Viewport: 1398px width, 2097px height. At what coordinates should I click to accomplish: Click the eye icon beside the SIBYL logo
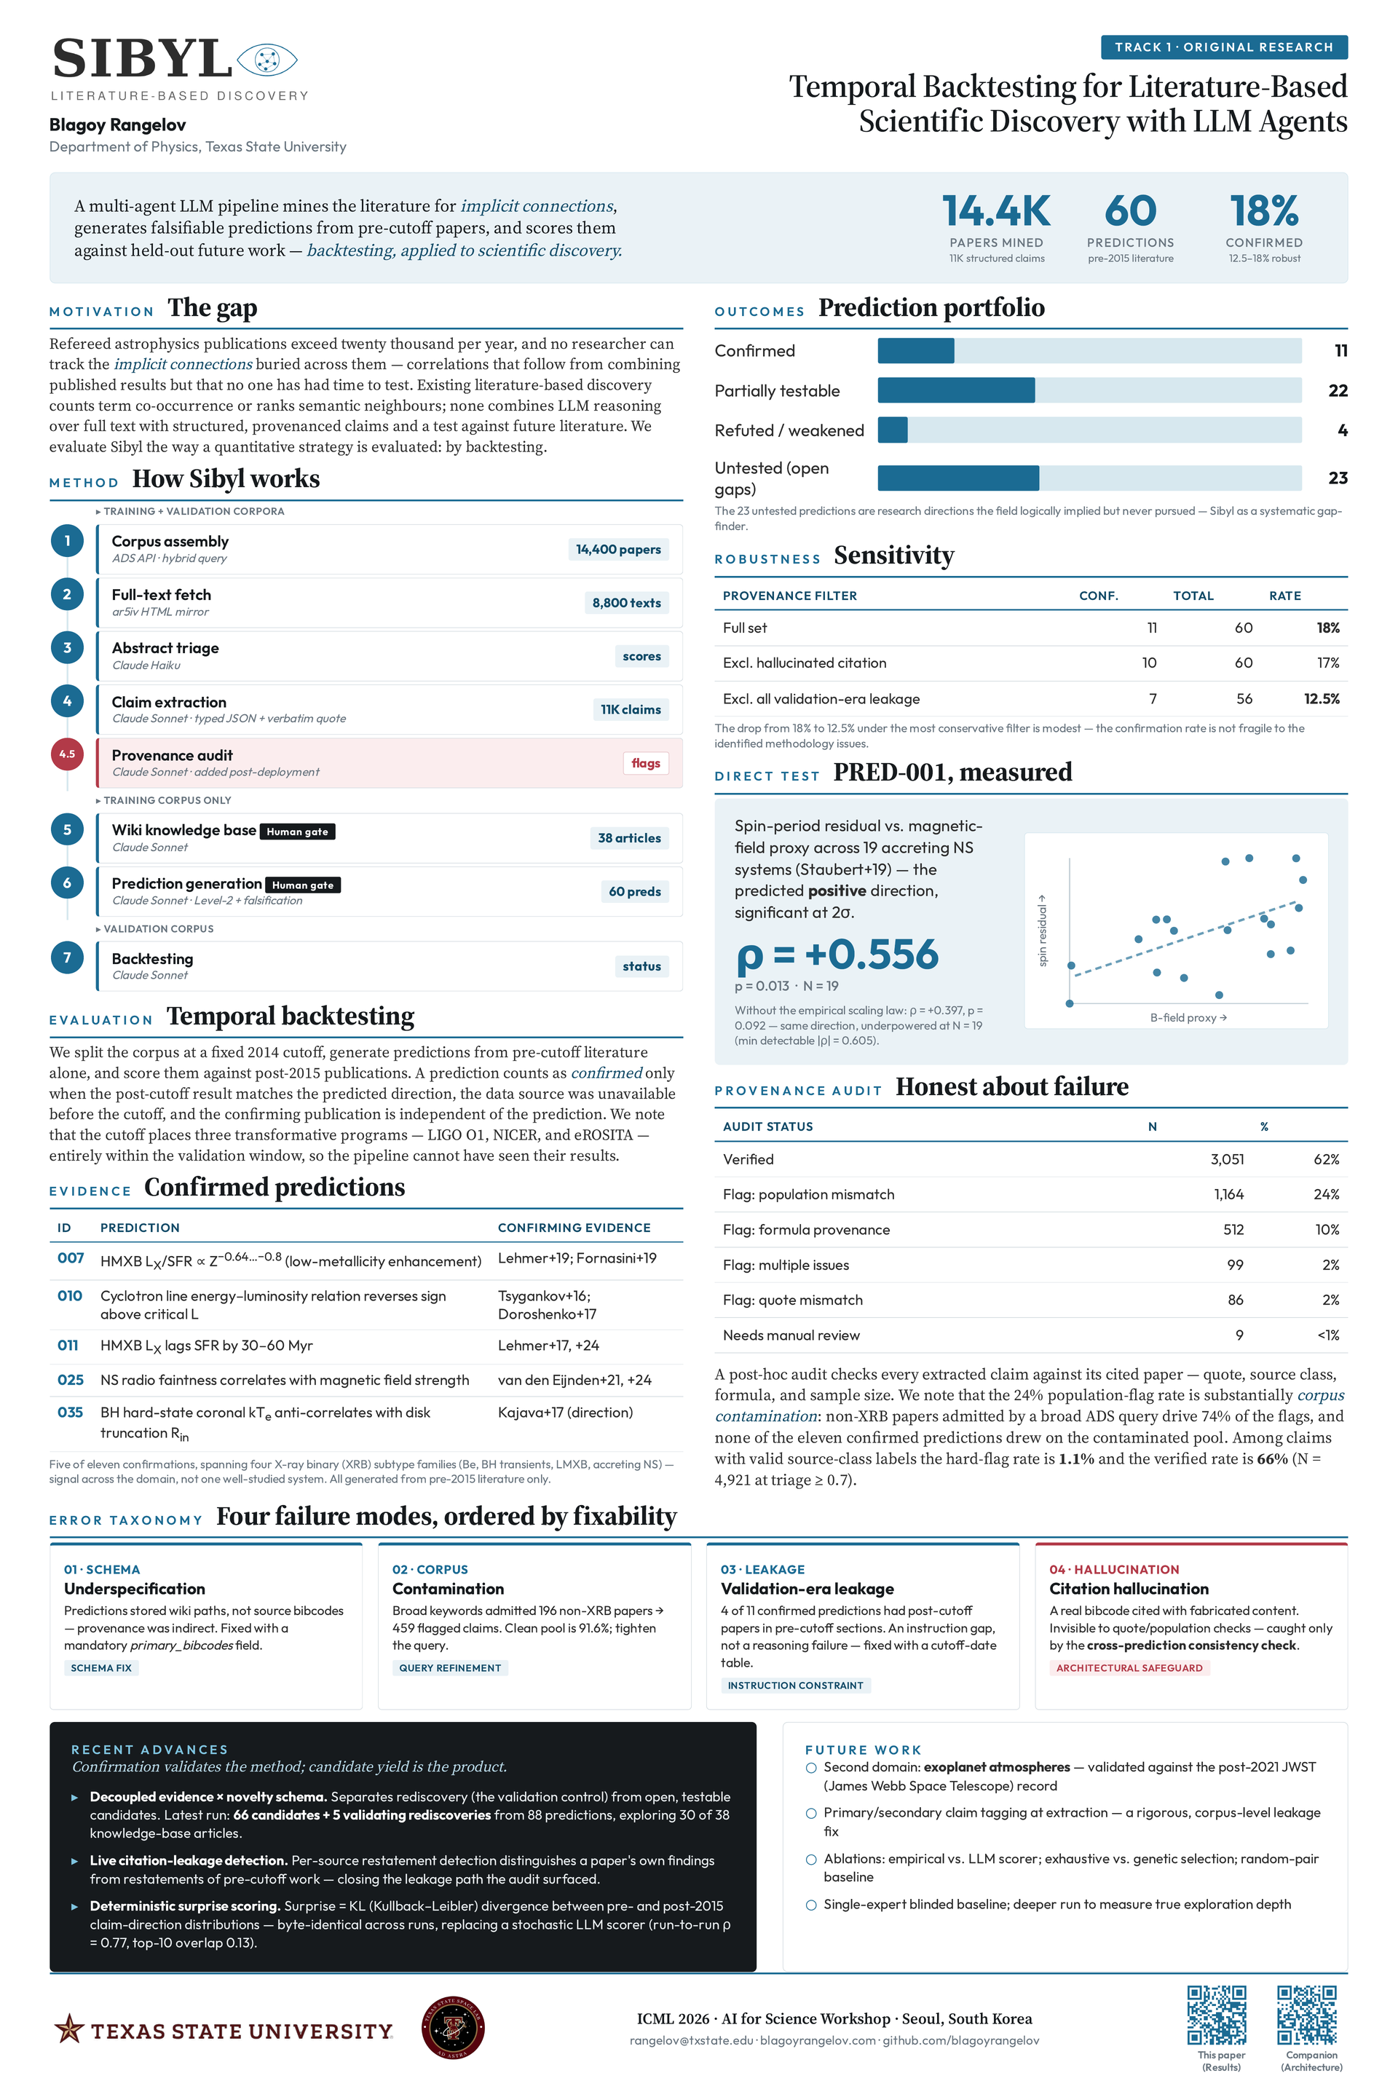tap(266, 60)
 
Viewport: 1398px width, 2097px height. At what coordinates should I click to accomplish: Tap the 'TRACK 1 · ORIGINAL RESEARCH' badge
tap(1223, 47)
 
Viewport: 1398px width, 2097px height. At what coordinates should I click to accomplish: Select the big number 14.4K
tap(996, 211)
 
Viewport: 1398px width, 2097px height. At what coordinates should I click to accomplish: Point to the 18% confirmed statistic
tap(1263, 211)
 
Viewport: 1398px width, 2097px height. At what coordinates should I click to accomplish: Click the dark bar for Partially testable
tap(956, 390)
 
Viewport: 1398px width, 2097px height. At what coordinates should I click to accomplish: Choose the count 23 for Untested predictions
tap(1338, 478)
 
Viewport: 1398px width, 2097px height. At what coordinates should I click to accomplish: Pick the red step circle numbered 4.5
tap(67, 754)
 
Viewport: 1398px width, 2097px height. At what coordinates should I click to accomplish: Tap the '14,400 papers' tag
tap(618, 549)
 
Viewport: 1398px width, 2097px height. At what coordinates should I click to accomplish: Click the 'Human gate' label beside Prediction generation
tap(302, 885)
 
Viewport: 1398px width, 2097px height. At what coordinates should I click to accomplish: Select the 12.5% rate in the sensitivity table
tap(1322, 699)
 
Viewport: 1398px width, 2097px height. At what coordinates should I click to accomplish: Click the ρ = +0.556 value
tap(837, 955)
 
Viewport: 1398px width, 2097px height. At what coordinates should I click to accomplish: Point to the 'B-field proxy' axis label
tap(1188, 1017)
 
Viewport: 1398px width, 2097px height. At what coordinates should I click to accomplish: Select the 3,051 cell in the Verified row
tap(1227, 1159)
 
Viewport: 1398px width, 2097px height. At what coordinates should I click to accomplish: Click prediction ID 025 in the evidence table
tap(71, 1381)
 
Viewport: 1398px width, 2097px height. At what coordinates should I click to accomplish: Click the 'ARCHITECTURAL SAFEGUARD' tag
tap(1129, 1668)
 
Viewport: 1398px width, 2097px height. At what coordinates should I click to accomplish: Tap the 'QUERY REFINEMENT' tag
tap(450, 1668)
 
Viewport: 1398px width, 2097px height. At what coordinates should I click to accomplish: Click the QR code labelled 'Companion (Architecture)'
tap(1307, 2015)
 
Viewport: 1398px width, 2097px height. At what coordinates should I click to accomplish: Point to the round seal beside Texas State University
tap(453, 2029)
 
